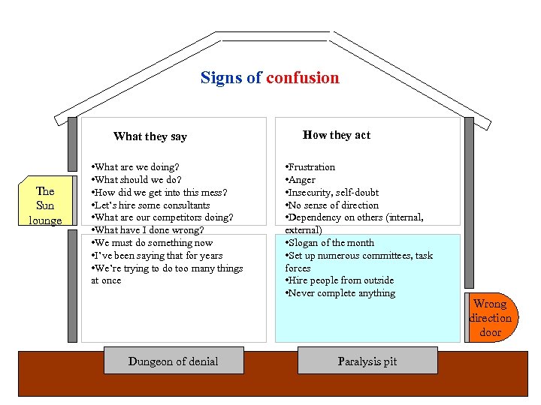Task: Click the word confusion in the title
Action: (x=302, y=78)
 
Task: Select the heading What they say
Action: (x=150, y=136)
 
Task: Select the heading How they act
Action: (x=337, y=135)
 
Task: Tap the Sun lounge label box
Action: (x=45, y=205)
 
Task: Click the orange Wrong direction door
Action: (x=491, y=317)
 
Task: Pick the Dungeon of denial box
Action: (x=173, y=361)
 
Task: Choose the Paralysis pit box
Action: (x=367, y=361)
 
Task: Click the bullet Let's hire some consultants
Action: (x=150, y=205)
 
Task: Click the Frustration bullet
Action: (x=310, y=167)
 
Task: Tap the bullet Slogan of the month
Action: (x=330, y=243)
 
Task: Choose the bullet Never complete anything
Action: (x=340, y=293)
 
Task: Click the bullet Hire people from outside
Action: (x=340, y=280)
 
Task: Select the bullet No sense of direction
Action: (x=332, y=205)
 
